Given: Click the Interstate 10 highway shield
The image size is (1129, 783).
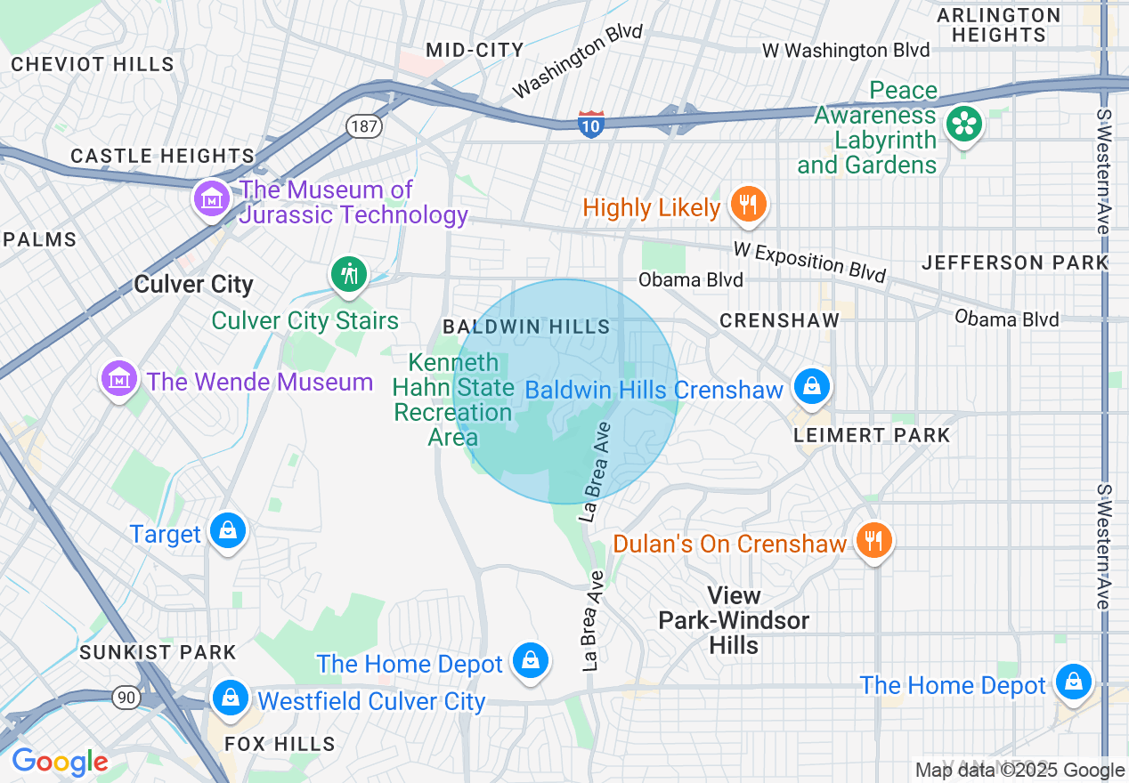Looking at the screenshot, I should (591, 124).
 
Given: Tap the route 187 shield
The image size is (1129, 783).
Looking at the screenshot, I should (363, 126).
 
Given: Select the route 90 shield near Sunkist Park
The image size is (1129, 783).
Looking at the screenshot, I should (126, 697).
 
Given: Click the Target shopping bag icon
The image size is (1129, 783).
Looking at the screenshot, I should (229, 532).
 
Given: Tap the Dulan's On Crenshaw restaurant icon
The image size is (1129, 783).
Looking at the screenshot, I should (873, 540).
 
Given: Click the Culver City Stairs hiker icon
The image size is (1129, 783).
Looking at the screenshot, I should (349, 274).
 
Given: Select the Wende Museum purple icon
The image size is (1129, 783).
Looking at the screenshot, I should (118, 380).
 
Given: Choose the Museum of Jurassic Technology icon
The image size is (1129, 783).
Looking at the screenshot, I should (213, 198).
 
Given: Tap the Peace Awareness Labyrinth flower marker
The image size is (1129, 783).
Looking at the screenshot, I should (963, 124).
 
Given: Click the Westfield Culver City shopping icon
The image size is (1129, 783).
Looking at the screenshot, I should (231, 697).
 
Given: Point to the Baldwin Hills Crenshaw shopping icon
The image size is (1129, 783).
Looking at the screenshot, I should (811, 387).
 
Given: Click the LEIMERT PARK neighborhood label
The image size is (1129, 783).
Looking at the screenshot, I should (873, 435).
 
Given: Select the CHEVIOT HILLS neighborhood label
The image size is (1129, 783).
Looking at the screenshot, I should (93, 64).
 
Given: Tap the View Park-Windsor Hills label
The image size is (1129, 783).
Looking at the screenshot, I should (734, 620).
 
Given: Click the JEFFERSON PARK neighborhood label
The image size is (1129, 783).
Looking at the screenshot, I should (1015, 262).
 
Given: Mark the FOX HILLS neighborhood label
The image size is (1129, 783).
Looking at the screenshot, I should (280, 744).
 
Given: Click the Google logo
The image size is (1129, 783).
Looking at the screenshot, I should (60, 763).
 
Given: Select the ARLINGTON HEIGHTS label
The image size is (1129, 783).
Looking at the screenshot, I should (998, 26).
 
